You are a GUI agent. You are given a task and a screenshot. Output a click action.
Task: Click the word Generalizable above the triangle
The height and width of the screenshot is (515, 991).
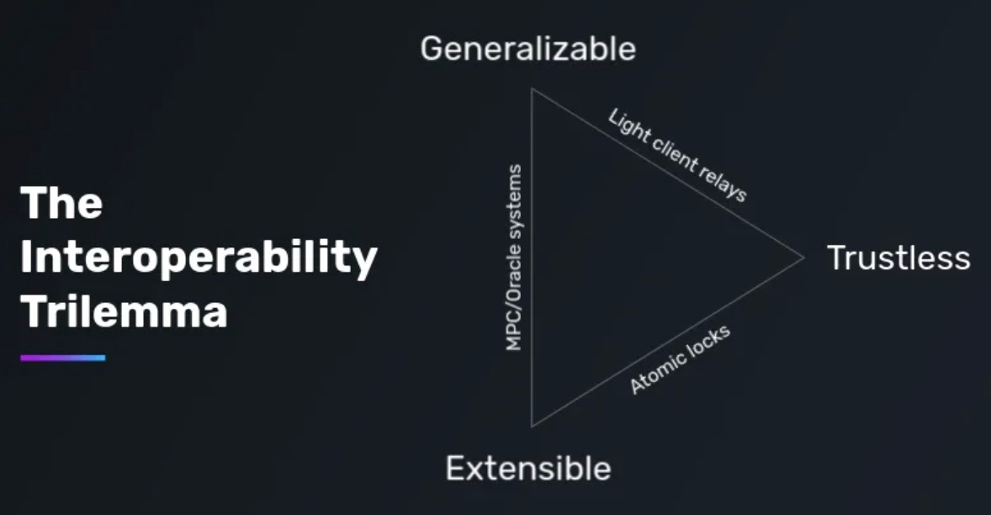coord(527,49)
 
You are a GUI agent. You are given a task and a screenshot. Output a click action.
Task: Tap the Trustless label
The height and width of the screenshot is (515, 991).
coord(898,257)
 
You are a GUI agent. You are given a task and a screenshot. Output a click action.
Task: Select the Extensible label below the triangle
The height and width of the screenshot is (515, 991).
coord(527,468)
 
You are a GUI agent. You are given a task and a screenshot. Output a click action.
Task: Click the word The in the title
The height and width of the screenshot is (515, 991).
coord(61,204)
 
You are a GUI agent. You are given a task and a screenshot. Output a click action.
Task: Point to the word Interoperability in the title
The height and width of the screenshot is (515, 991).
coord(199,258)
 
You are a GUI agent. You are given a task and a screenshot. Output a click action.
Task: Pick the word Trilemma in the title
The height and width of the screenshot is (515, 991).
coord(124,312)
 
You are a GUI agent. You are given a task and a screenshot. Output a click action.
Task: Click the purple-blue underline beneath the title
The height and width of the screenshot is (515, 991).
coord(63,358)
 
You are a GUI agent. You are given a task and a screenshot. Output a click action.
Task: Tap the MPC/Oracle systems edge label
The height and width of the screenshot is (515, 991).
coord(514,257)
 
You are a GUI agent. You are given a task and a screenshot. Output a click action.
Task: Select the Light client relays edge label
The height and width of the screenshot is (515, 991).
coord(677,156)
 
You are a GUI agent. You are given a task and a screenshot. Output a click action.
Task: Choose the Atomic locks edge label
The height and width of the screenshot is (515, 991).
coord(680,358)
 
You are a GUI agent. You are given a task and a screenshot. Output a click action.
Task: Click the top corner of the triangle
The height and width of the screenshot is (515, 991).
coord(532,88)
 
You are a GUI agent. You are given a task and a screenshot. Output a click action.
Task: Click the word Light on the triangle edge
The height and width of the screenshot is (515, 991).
coord(625,125)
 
